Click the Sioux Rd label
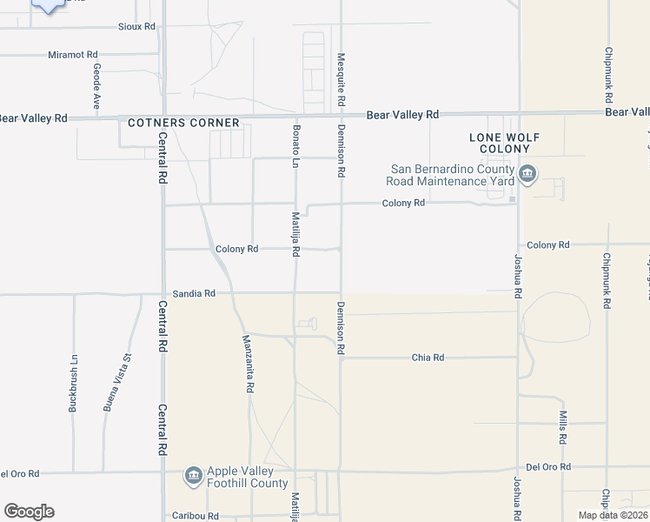pyautogui.click(x=136, y=27)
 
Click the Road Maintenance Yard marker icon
pyautogui.click(x=527, y=175)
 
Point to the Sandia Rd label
pyautogui.click(x=193, y=294)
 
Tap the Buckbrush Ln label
pyautogui.click(x=74, y=382)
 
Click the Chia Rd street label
pyautogui.click(x=428, y=358)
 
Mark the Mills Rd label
pyautogui.click(x=563, y=425)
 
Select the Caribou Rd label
pyautogui.click(x=195, y=516)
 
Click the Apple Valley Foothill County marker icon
pyautogui.click(x=193, y=476)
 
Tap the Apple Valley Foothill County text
pyautogui.click(x=248, y=477)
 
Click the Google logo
pyautogui.click(x=29, y=512)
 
